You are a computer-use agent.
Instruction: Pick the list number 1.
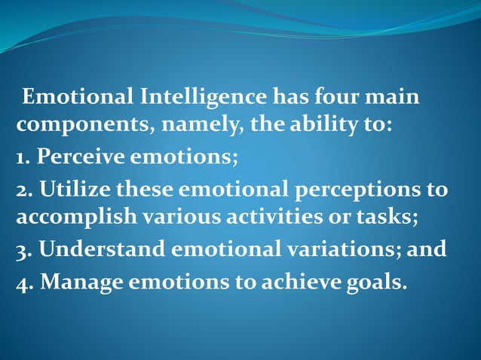coord(22,157)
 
